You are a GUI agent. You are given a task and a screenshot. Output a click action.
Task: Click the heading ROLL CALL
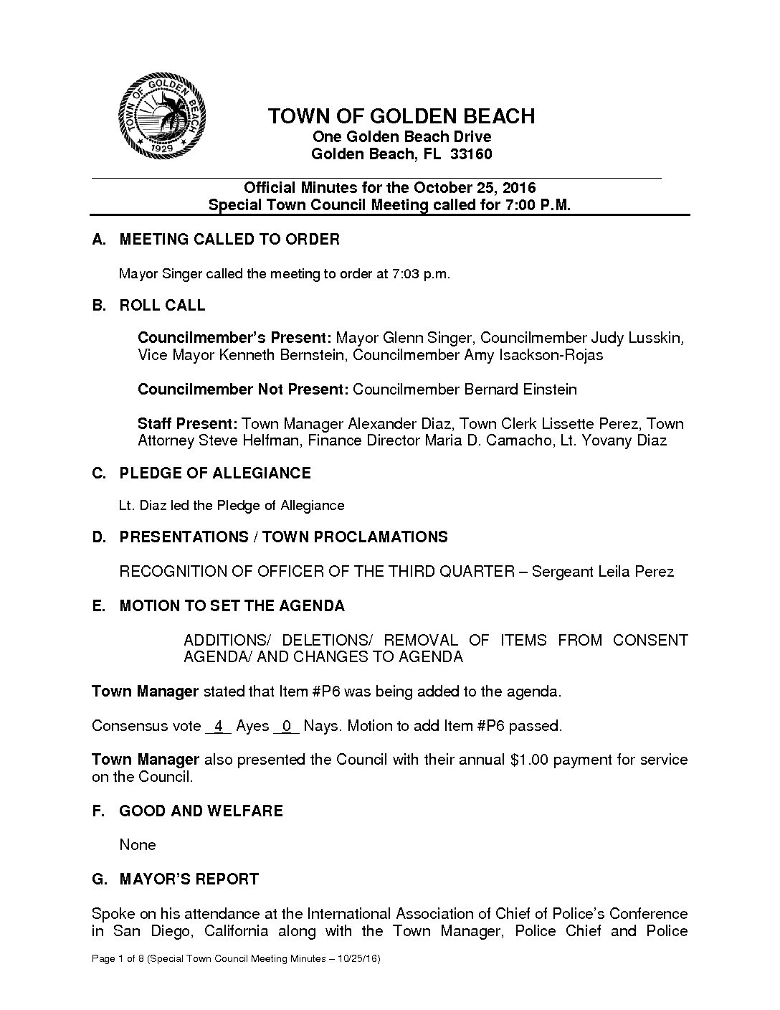pyautogui.click(x=162, y=306)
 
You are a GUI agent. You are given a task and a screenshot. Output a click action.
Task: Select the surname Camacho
pyautogui.click(x=518, y=440)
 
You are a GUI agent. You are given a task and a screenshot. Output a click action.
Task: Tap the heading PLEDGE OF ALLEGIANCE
pyautogui.click(x=215, y=473)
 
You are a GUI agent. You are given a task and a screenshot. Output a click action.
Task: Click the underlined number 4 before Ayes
pyautogui.click(x=218, y=726)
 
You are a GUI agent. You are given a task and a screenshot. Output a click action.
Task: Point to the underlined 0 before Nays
pyautogui.click(x=286, y=726)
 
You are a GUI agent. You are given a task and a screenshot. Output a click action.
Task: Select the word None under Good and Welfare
pyautogui.click(x=138, y=845)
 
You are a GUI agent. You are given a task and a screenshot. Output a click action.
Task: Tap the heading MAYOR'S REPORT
pyautogui.click(x=189, y=879)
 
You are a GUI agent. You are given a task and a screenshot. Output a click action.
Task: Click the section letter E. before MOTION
pyautogui.click(x=99, y=606)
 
